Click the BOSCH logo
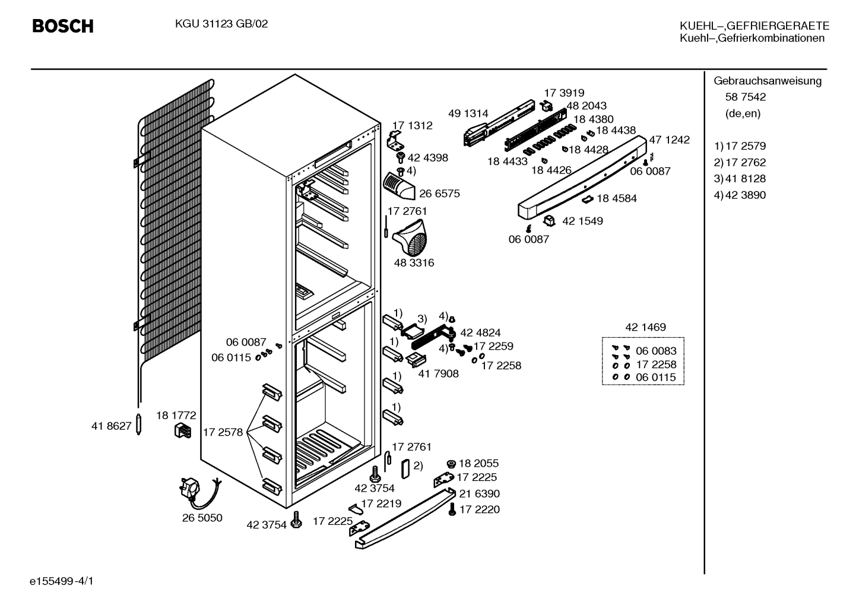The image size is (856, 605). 63,26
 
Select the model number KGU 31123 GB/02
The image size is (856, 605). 221,24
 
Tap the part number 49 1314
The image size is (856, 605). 468,113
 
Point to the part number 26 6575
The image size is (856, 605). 439,194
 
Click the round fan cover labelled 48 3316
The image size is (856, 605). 410,237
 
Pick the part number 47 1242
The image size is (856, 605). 670,140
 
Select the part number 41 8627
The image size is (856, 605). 111,426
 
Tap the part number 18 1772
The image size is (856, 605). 176,416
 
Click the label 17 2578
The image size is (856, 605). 223,432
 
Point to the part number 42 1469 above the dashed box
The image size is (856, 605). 645,327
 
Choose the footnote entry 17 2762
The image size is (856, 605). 746,163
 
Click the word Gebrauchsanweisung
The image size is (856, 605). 768,81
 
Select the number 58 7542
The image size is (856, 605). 746,97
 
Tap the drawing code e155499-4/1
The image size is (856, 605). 62,581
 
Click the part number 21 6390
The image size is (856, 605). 479,494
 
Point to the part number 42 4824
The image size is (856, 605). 480,332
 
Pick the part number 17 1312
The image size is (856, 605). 413,126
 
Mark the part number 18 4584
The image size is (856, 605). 617,198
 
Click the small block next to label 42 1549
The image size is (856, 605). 549,220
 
